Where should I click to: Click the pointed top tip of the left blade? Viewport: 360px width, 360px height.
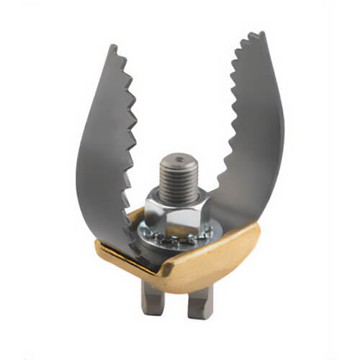pos(114,47)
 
